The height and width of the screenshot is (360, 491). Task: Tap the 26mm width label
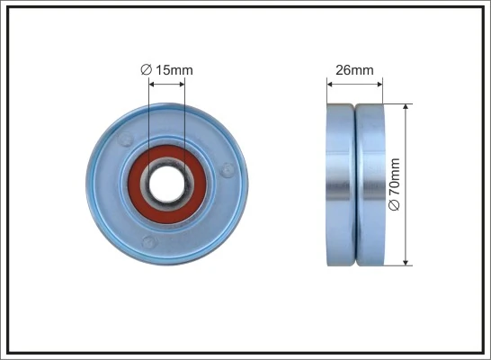coord(354,69)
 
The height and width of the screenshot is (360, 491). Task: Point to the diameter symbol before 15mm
coord(146,69)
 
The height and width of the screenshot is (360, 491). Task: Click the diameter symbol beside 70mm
coord(394,207)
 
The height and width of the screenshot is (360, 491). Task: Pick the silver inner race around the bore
coord(180,171)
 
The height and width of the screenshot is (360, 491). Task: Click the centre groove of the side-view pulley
coord(355,184)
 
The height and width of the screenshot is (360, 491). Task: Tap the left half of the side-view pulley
coord(341,184)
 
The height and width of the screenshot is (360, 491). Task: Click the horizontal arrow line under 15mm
coord(167,84)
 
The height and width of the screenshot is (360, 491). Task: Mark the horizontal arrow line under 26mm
coord(354,84)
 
